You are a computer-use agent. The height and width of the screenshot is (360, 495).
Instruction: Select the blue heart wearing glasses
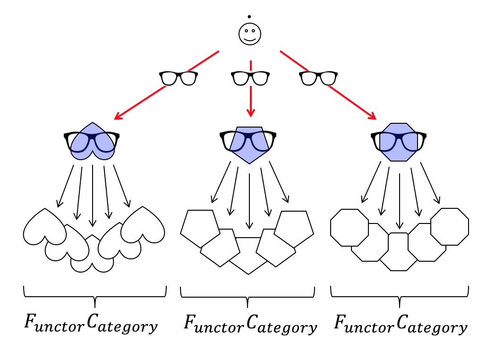click(92, 141)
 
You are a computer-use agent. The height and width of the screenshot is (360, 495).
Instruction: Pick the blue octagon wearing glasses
click(399, 141)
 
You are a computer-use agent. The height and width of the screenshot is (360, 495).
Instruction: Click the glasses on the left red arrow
click(178, 77)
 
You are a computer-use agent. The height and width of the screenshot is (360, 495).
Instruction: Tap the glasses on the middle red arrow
click(250, 77)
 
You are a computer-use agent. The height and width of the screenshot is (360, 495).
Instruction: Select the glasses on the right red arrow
click(319, 77)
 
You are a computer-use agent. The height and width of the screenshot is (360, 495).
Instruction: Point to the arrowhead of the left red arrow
click(117, 117)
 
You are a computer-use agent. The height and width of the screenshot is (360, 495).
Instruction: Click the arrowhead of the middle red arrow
click(251, 113)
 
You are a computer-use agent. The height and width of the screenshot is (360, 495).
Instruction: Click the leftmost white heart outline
click(43, 227)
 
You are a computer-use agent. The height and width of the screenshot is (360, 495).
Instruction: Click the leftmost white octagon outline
click(349, 227)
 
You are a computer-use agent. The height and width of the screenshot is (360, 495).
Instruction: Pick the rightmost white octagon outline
click(449, 226)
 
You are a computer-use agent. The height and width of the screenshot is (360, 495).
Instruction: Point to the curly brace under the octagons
click(400, 295)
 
